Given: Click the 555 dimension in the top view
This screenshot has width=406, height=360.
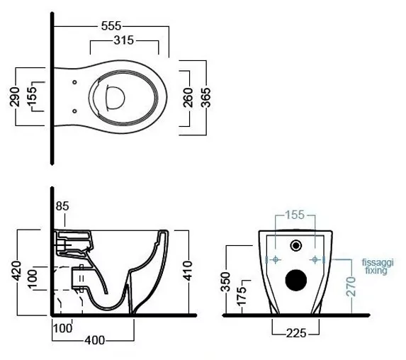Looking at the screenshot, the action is click(111, 26).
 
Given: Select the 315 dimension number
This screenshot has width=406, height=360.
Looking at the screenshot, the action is click(123, 40).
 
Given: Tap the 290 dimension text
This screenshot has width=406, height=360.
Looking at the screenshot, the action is click(15, 97).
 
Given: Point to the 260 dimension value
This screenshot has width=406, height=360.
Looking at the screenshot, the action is click(188, 97).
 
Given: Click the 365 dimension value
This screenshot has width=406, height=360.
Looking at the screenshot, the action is click(206, 97).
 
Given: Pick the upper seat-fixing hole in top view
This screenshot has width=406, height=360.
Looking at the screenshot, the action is click(74, 82).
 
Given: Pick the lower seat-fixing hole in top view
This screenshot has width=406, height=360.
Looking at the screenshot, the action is click(74, 111).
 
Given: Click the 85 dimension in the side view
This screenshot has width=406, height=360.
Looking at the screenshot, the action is click(62, 206).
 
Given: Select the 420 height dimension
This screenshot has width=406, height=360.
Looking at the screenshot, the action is click(16, 271).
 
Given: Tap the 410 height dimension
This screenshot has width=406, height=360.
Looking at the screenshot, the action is click(188, 271).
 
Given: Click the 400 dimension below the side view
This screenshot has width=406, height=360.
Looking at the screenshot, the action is click(95, 340).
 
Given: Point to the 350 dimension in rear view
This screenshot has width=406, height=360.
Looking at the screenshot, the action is click(225, 281).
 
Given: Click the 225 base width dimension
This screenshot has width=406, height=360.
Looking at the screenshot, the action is click(296, 333).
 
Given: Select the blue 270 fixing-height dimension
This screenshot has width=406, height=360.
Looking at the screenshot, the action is click(351, 286).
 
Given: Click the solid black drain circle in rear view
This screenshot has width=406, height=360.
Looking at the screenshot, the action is click(296, 280).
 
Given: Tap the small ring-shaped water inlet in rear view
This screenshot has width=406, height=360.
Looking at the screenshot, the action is click(296, 245).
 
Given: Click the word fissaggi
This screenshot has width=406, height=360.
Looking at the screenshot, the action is click(378, 263).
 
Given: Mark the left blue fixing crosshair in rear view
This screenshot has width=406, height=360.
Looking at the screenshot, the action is click(276, 259).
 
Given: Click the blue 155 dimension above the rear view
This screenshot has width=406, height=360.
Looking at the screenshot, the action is click(295, 215).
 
